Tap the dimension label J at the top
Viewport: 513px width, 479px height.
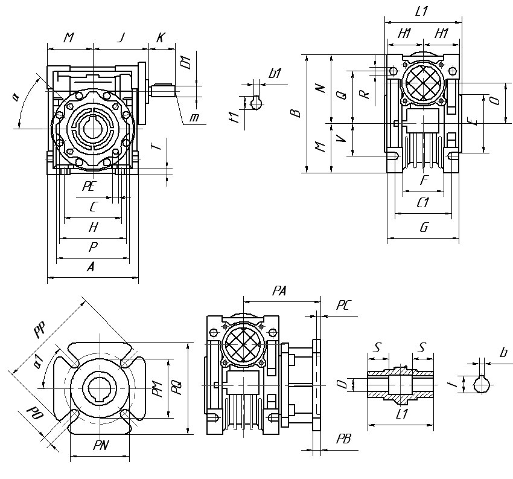pos(121,37)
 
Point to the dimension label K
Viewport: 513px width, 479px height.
pos(160,37)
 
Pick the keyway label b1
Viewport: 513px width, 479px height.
pos(276,74)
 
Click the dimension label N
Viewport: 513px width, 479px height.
pos(321,88)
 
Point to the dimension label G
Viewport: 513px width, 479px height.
pos(423,227)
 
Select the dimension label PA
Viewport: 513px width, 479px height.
pos(279,291)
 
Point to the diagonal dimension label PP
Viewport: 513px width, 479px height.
pos(41,331)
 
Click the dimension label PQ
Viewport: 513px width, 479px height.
pos(176,387)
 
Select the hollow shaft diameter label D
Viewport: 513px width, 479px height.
pos(342,385)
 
